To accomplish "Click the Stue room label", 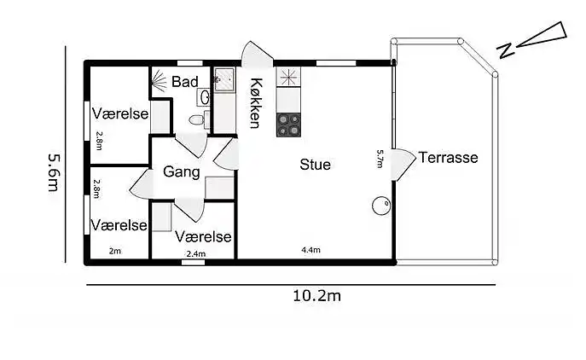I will coord(315,165).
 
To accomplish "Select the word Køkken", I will coord(255,102).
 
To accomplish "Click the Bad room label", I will coord(184,82).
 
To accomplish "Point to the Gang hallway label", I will coord(182,172).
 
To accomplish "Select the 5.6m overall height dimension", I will coord(53,174).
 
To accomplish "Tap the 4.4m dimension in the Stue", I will coord(310,250).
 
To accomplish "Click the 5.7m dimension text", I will coord(380,160).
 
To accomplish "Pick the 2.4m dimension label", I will coord(195,253).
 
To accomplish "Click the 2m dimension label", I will coord(115,251).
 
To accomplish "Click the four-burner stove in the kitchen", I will coord(289,125).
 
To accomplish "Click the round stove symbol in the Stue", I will coord(380,206).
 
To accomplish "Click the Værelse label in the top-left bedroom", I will coord(120,113).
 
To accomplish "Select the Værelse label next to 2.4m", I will coord(204,236).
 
